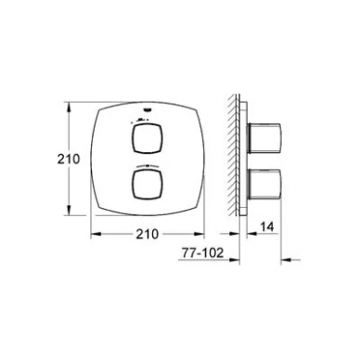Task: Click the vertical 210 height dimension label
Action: click(x=69, y=160)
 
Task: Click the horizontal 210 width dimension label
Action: click(x=148, y=234)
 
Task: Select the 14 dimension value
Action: click(x=266, y=227)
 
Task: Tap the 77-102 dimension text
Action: click(x=202, y=253)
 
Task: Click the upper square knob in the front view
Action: click(x=147, y=138)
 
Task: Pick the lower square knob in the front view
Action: click(x=147, y=184)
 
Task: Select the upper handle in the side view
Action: click(x=264, y=138)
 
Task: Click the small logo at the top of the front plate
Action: click(x=147, y=109)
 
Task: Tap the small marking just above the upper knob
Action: click(x=141, y=120)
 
